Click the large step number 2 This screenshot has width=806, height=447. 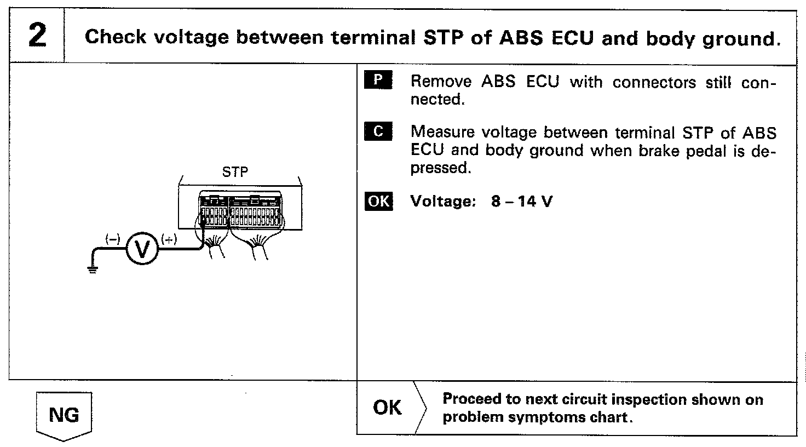(37, 36)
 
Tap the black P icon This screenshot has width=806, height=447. (377, 81)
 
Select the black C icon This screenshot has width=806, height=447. (377, 132)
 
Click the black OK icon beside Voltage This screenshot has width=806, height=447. (378, 201)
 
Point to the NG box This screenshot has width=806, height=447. (64, 415)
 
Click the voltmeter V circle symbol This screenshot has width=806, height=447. (142, 250)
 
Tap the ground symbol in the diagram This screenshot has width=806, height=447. (92, 269)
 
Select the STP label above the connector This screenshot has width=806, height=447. (235, 173)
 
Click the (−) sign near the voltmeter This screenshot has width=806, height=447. (113, 238)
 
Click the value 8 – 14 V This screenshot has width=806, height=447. (522, 201)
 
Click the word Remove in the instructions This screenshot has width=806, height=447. (441, 82)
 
